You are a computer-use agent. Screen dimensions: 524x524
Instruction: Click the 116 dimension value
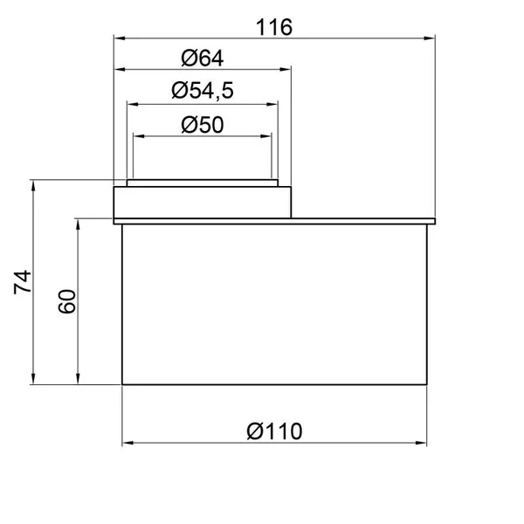274,27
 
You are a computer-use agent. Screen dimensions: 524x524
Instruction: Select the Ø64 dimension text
203,59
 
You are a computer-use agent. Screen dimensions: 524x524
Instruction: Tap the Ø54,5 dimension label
203,91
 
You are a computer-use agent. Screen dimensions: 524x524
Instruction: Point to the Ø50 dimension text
203,125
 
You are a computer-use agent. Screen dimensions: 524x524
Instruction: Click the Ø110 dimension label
274,431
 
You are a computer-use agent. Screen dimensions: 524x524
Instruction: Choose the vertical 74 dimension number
23,282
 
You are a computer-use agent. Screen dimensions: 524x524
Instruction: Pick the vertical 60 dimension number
67,301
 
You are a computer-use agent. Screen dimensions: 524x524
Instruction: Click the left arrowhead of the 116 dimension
120,38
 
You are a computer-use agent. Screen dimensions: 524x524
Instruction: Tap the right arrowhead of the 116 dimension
430,38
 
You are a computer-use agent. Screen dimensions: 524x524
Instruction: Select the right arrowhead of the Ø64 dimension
285,69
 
